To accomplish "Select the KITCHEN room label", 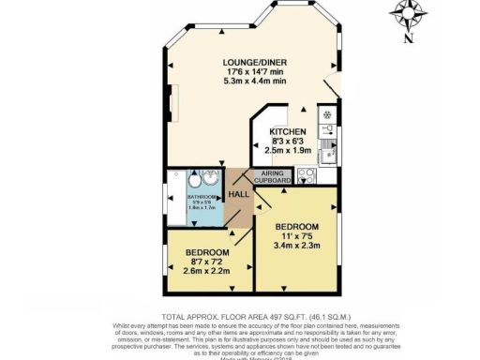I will pyautogui.click(x=288, y=131).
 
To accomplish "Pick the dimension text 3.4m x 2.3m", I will pyautogui.click(x=297, y=246).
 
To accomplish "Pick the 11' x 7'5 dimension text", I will pyautogui.click(x=297, y=236).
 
